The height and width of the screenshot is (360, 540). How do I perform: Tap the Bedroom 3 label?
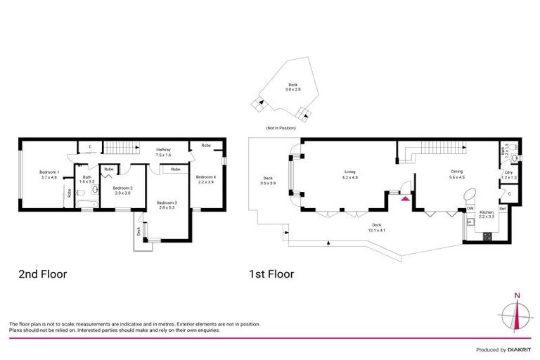[167, 205]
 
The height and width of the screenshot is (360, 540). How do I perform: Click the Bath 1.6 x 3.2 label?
[87, 179]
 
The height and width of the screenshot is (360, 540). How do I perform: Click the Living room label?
[350, 175]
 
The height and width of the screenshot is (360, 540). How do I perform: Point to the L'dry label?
[508, 175]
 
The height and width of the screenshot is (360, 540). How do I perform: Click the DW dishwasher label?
[470, 208]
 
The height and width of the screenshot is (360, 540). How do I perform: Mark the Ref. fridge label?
[503, 209]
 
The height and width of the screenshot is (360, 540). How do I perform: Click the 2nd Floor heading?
[43, 274]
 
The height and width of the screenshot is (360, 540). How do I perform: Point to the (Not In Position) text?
[281, 128]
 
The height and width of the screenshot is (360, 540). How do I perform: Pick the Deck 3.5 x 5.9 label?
[268, 180]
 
